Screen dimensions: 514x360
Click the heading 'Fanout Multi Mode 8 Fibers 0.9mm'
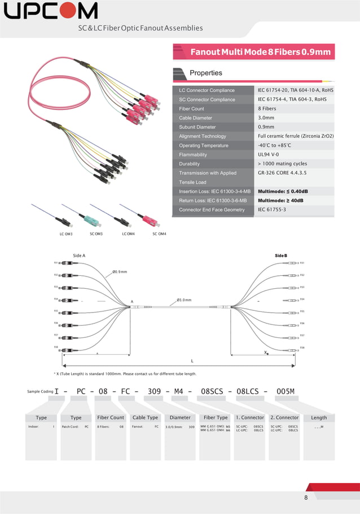click(260, 52)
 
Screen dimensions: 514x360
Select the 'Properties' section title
click(206, 73)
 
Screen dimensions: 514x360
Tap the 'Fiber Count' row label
click(192, 108)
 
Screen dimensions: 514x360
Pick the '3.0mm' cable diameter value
click(266, 118)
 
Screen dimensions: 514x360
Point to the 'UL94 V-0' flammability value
click(269, 155)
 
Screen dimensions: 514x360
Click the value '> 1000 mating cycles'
click(283, 164)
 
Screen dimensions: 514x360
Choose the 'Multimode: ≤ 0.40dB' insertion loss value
click(283, 191)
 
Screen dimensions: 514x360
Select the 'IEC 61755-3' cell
click(272, 210)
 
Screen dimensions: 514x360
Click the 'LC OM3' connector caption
click(66, 234)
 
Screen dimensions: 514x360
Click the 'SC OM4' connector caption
click(159, 234)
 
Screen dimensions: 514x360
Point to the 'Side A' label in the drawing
click(80, 256)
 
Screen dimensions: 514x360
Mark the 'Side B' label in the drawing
click(281, 256)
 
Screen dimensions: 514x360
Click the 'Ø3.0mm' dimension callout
click(184, 300)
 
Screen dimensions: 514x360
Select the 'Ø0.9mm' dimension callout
click(120, 272)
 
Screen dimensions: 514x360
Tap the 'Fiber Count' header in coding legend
click(111, 418)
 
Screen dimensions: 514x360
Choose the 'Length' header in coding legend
click(319, 418)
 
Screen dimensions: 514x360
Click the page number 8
click(306, 498)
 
